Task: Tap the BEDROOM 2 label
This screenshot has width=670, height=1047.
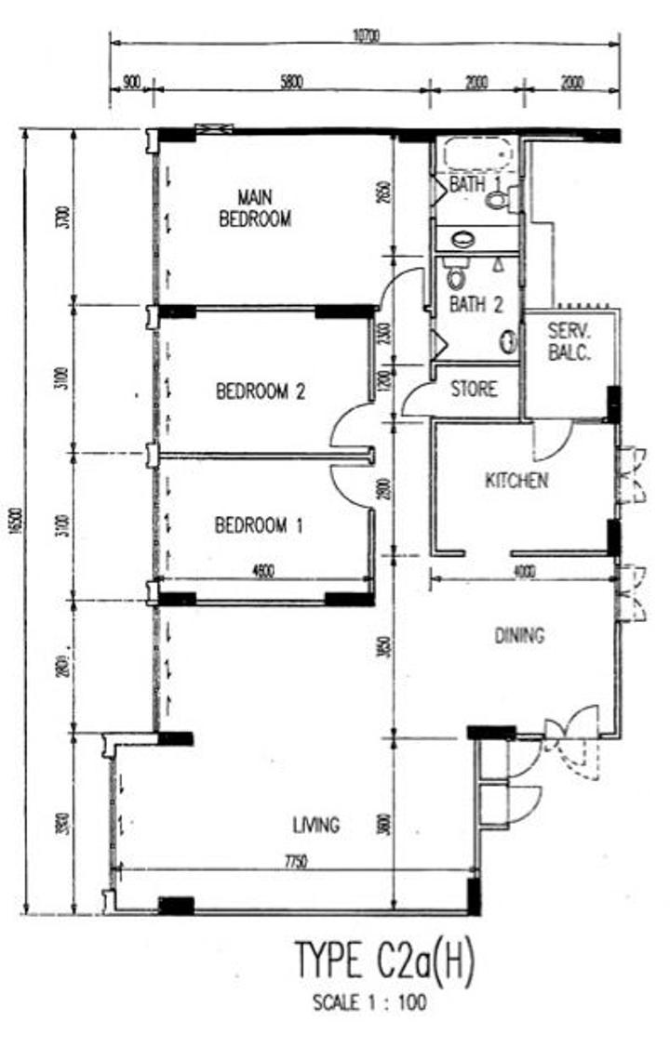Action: pos(261,391)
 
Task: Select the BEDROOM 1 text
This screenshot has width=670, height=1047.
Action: pos(259,525)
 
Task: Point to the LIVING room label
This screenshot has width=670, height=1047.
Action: pos(316,825)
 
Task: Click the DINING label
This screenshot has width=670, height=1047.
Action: pos(518,636)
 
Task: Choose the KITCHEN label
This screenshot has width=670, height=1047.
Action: pos(516,481)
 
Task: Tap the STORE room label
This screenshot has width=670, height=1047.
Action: pos(474,389)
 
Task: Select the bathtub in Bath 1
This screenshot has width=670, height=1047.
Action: pos(476,152)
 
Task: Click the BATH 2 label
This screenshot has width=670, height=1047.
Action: pos(476,303)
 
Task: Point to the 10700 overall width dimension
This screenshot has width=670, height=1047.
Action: pos(365,36)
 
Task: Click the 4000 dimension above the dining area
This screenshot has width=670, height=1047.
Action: pos(524,572)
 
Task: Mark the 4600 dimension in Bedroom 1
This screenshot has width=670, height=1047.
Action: pos(263,572)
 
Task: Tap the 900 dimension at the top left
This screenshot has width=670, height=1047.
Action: pos(131,82)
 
